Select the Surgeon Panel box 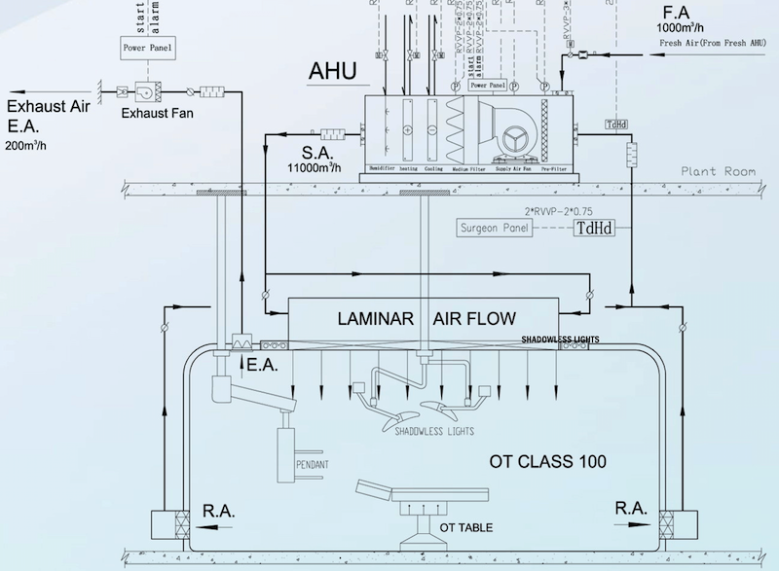(x=494, y=230)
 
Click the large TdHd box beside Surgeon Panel (x=593, y=230)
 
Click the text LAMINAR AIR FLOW (x=426, y=318)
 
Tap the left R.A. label (x=219, y=508)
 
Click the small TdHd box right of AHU (x=616, y=125)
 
